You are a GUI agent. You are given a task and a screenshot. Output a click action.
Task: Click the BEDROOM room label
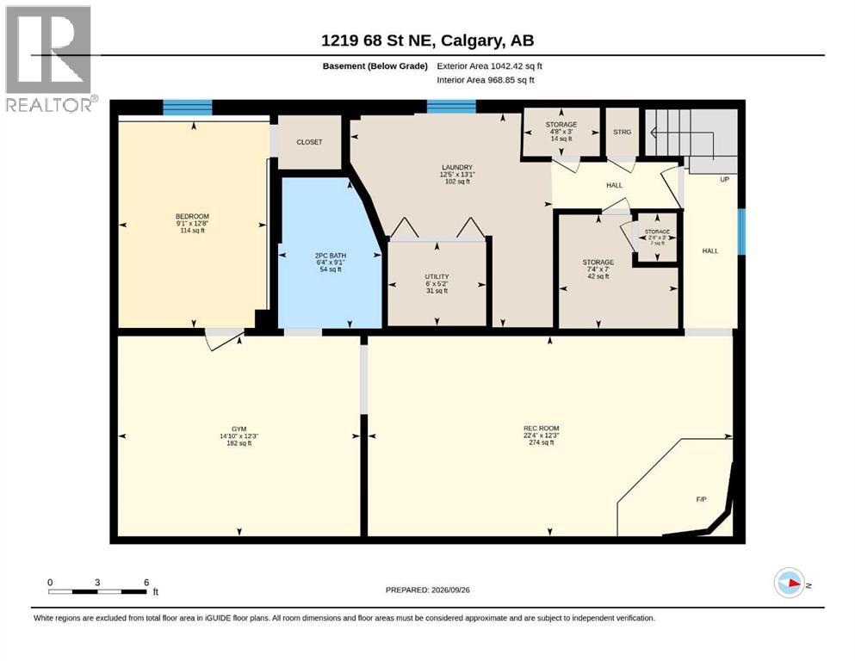click(x=192, y=216)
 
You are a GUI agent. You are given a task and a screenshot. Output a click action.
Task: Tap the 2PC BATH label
click(x=331, y=256)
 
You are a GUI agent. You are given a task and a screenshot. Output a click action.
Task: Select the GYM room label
click(x=239, y=429)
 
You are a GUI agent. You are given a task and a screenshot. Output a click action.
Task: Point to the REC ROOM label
click(x=541, y=429)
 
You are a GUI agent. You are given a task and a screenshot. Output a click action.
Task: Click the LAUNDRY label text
click(x=457, y=167)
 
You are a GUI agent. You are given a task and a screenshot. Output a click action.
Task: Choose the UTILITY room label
click(x=437, y=277)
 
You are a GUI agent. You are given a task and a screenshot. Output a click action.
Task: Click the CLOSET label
click(x=309, y=142)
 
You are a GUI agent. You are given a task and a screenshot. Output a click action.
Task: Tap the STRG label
click(x=623, y=132)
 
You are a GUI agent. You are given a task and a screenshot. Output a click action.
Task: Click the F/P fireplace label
click(x=701, y=499)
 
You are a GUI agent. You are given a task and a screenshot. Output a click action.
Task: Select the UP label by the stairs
click(x=725, y=179)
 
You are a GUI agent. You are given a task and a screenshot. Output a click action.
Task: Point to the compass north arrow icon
click(x=790, y=583)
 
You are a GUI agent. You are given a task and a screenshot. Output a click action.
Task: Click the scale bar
click(x=97, y=591)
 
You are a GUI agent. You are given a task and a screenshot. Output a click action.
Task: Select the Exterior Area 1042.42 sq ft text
click(x=489, y=66)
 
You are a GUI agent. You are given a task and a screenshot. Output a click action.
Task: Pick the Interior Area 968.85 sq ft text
click(x=486, y=80)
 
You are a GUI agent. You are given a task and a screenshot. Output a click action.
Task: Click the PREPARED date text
click(x=427, y=590)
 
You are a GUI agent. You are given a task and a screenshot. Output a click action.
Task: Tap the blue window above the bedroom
click(x=188, y=108)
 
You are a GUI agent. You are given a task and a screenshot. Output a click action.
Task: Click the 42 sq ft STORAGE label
click(x=598, y=269)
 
